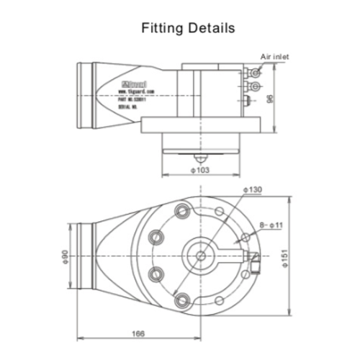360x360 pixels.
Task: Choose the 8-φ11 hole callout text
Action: [x=270, y=225]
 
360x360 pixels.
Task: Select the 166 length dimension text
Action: [x=138, y=333]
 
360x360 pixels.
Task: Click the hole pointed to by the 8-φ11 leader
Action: [x=245, y=237]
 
